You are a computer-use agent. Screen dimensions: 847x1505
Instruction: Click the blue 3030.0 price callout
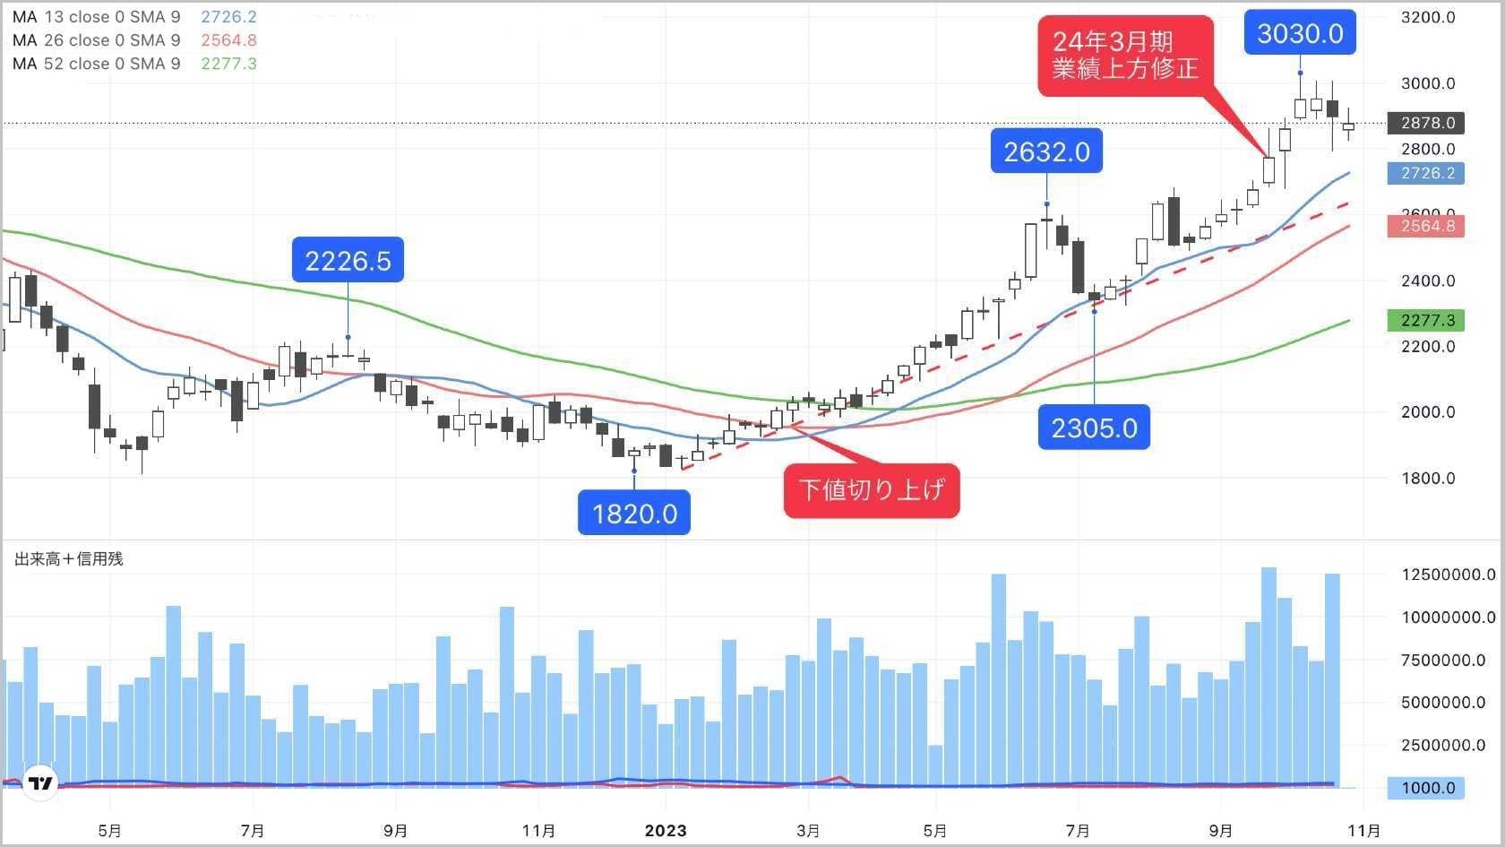coord(1300,33)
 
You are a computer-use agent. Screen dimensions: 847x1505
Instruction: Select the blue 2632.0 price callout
coord(1046,151)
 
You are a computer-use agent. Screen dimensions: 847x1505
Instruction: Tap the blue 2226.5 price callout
coord(348,260)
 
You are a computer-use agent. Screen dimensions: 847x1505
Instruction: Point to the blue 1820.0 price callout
coord(634,513)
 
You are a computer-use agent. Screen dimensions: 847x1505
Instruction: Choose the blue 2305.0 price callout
coord(1094,428)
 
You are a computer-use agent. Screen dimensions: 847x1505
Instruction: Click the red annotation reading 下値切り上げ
coord(872,490)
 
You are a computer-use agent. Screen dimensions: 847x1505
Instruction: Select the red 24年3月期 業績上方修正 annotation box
coord(1125,55)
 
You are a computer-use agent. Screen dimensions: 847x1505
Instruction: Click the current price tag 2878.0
coord(1426,123)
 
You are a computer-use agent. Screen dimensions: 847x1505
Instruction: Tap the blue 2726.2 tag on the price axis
coord(1426,173)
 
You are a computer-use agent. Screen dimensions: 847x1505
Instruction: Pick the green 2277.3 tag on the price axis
coord(1426,320)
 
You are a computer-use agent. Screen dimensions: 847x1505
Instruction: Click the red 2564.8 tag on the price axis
coord(1426,226)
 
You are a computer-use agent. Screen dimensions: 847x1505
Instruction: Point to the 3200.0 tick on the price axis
coord(1428,17)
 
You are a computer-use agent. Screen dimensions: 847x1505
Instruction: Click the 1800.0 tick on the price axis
coord(1428,478)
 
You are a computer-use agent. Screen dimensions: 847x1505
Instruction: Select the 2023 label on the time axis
coord(666,831)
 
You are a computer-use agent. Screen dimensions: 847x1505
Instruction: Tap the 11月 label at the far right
coord(1363,831)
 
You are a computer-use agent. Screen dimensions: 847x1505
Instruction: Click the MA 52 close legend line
coord(134,64)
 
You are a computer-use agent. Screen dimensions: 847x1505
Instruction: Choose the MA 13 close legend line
coord(134,17)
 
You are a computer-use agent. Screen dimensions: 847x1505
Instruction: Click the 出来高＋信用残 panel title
coord(69,559)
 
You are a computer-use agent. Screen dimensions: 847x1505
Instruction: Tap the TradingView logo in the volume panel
coord(40,782)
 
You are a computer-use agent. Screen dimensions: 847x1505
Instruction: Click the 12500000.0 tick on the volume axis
coord(1448,575)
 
